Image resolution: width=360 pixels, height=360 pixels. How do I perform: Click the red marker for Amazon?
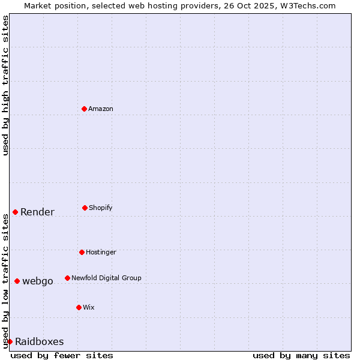84,109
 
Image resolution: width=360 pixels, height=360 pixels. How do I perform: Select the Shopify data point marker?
85,208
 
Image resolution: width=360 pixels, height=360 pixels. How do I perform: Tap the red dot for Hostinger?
82,252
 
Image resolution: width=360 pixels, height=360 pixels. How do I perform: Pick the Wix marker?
79,307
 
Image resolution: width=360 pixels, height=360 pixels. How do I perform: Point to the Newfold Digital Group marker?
67,278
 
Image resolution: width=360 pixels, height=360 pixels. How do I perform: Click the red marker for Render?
15,212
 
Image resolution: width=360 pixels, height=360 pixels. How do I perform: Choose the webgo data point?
17,281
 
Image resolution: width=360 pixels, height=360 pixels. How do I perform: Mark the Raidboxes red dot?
10,341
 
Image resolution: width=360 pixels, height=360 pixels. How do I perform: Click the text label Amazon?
101,109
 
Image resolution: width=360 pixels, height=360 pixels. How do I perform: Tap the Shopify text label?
101,208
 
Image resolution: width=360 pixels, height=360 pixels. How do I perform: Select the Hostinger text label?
101,252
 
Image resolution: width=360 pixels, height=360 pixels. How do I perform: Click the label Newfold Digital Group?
106,278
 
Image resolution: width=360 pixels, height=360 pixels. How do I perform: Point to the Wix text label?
89,307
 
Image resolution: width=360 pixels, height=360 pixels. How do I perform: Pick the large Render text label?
37,212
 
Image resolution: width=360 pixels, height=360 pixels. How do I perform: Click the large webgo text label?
38,281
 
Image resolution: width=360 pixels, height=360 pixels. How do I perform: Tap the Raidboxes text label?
39,341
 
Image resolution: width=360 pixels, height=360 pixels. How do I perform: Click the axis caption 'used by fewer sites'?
62,355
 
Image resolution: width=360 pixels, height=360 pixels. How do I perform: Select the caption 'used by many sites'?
301,355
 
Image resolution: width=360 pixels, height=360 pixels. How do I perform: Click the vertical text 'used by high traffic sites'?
5,85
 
